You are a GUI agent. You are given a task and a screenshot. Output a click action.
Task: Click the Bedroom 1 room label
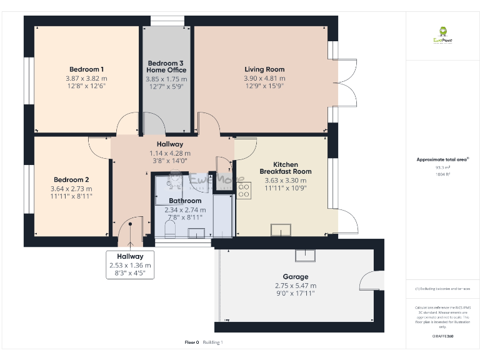coord(86,69)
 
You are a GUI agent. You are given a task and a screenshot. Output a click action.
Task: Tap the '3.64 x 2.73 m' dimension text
coord(71,189)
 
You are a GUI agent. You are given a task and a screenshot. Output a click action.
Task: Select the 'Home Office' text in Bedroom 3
coord(166,71)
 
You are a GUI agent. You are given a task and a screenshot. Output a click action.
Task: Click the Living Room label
coord(264,69)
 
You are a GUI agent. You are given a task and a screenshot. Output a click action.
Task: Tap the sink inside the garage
coord(306,254)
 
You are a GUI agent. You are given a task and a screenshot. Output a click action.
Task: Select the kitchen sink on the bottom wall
coord(282,232)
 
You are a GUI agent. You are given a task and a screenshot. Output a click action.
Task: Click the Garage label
coord(296,277)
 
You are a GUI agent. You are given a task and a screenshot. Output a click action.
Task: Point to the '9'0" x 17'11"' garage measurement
coord(296,293)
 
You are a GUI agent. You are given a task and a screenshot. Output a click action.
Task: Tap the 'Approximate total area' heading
coord(442,160)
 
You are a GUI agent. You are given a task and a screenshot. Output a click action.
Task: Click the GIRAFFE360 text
coord(442,336)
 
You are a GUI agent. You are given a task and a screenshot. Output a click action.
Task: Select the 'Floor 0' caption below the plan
coord(191,342)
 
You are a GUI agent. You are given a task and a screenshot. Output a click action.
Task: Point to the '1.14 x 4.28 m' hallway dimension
coord(170,153)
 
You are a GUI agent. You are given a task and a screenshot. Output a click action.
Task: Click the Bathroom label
coord(185,201)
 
